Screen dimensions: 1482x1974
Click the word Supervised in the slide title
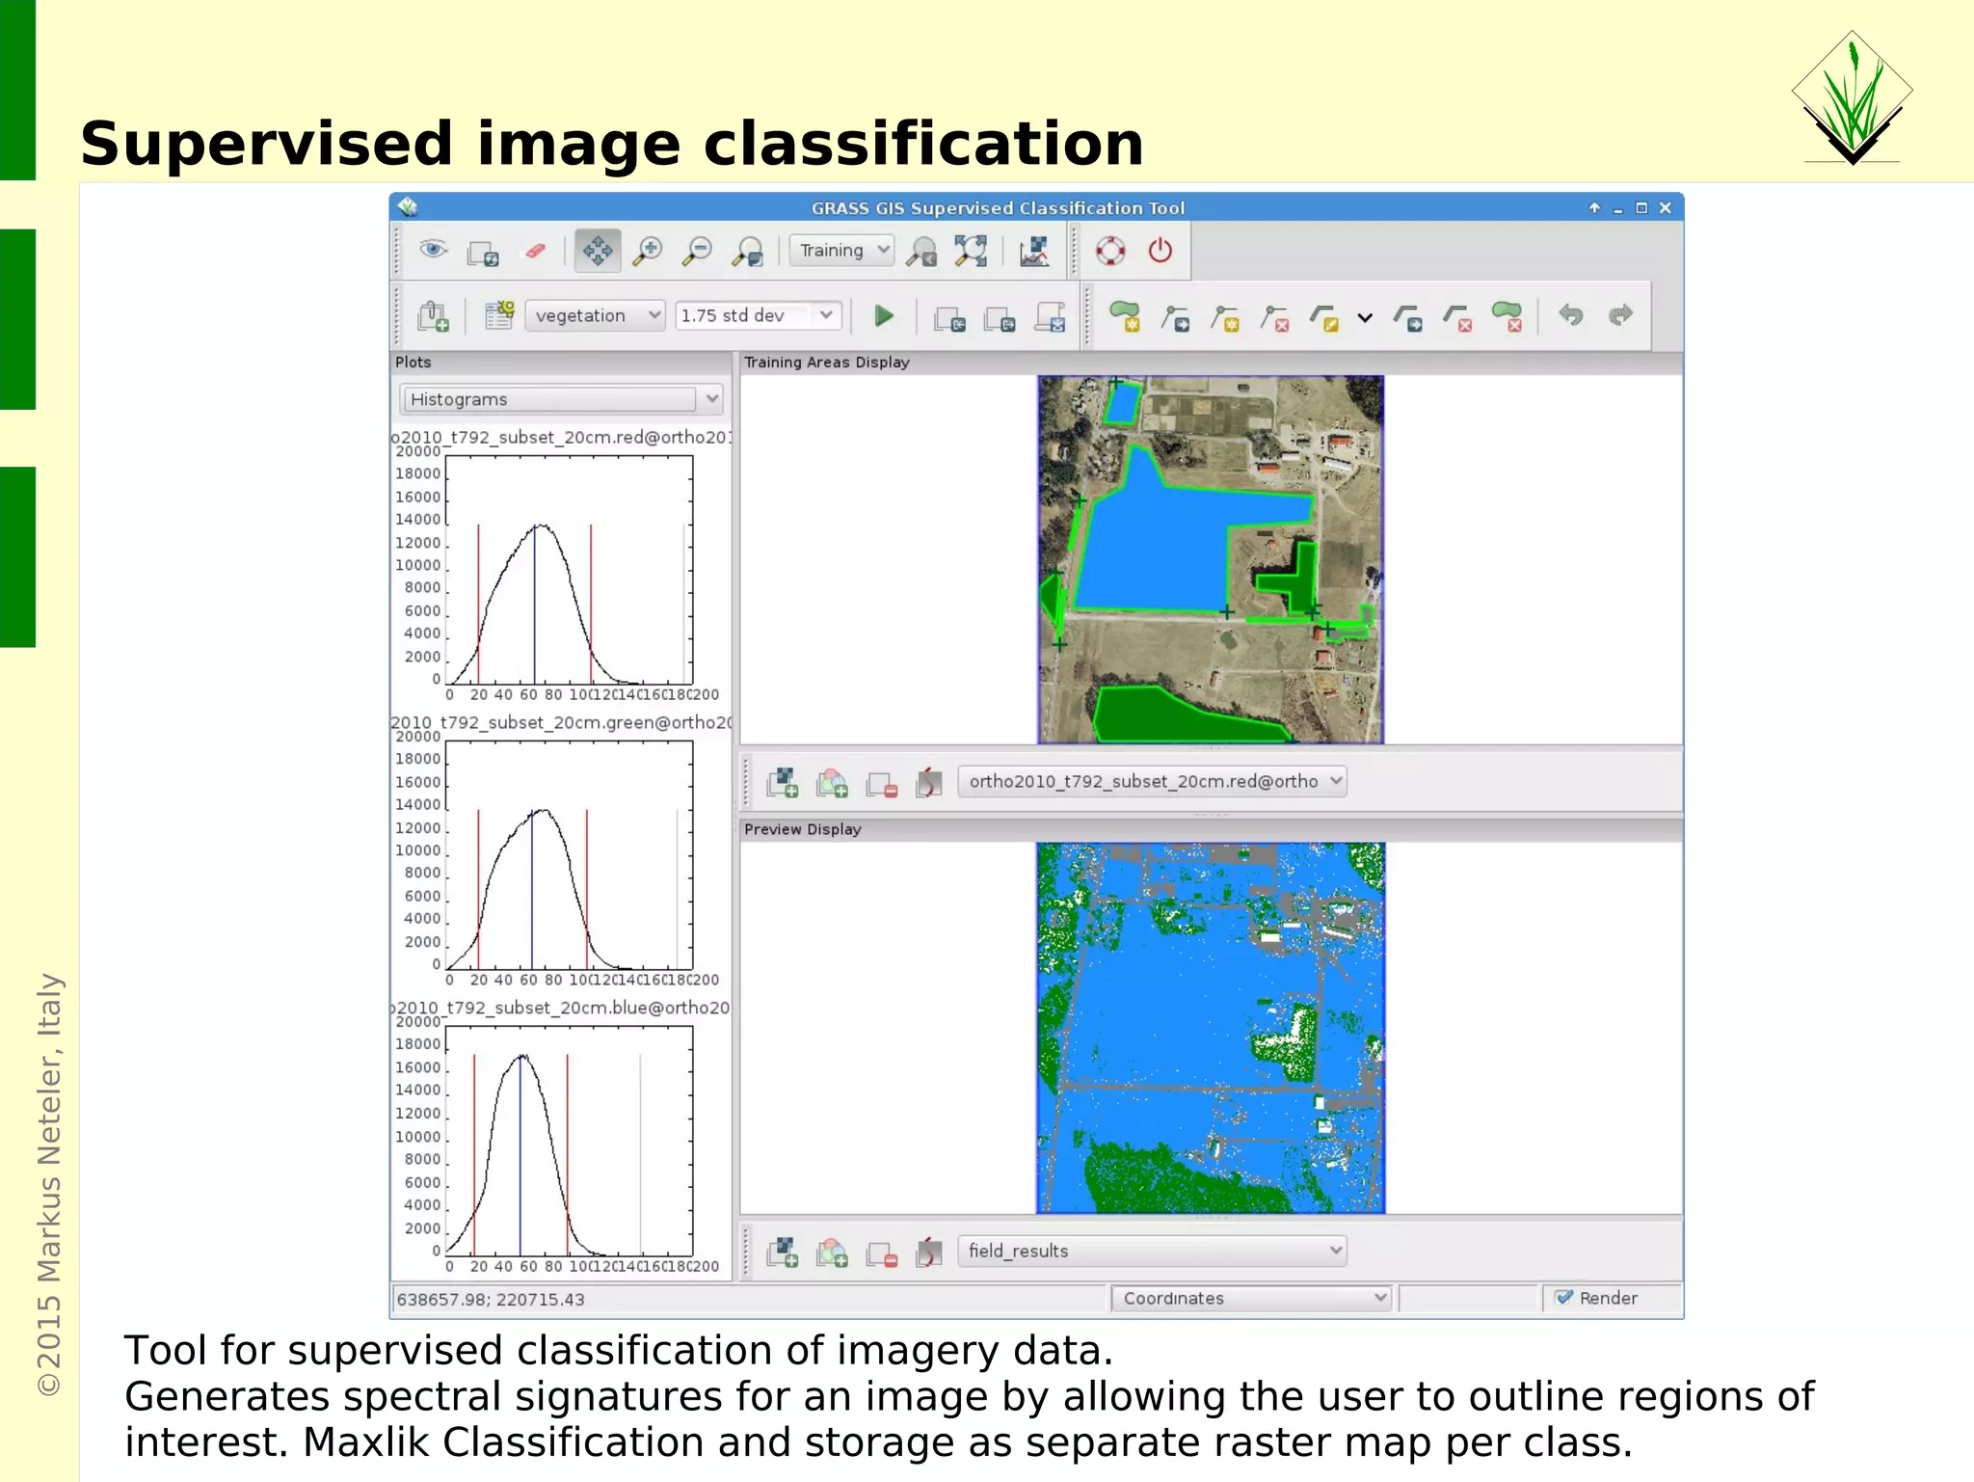click(x=266, y=145)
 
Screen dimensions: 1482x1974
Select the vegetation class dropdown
click(x=596, y=315)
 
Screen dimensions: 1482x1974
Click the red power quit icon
click(x=1160, y=251)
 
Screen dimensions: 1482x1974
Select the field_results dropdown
click(x=1152, y=1251)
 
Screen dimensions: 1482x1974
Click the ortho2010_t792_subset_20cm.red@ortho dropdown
click(x=1152, y=781)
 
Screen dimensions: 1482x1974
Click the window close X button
click(x=1665, y=208)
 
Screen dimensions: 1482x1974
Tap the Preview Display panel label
click(x=802, y=829)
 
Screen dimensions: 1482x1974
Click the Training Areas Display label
click(x=826, y=363)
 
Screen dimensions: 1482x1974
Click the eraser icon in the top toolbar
click(x=535, y=252)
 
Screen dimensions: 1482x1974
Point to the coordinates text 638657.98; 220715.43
click(x=491, y=1300)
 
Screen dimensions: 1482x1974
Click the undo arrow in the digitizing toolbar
click(x=1571, y=315)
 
